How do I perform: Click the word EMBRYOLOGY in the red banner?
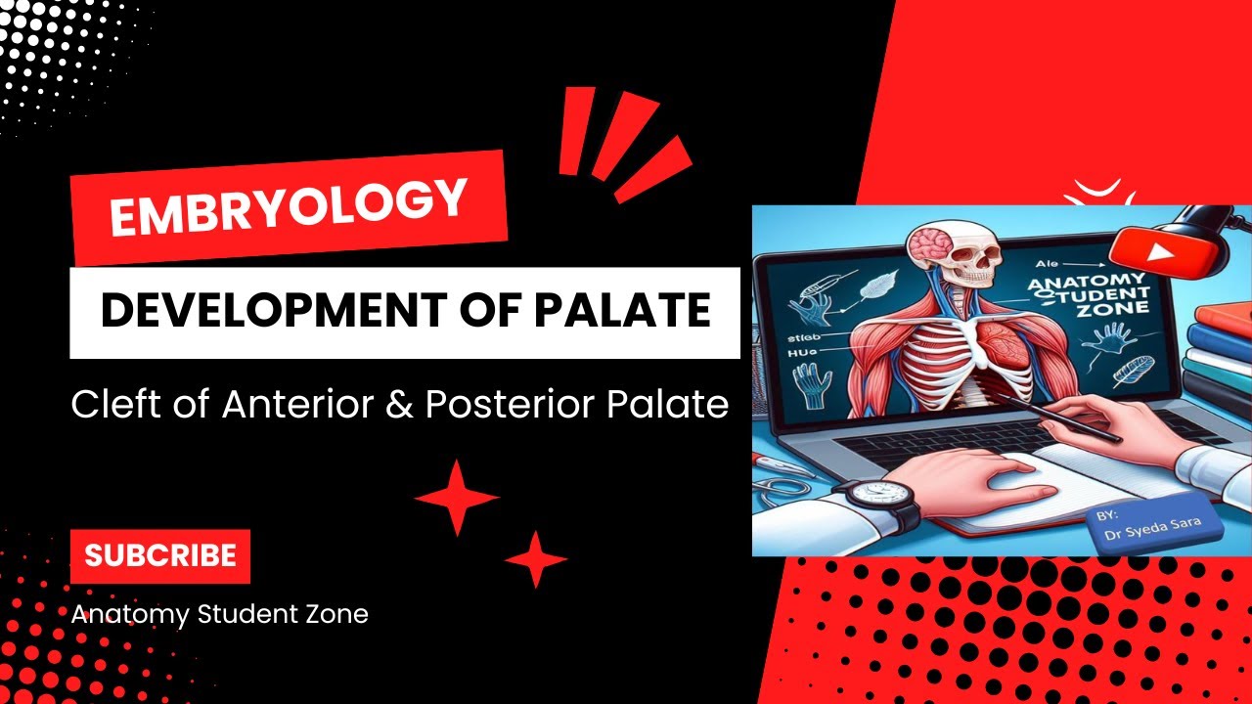[288, 207]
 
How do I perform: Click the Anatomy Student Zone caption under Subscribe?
[219, 614]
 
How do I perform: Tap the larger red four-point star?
[457, 498]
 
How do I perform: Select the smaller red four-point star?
[535, 559]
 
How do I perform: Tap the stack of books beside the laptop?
[1216, 362]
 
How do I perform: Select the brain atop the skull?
[925, 243]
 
